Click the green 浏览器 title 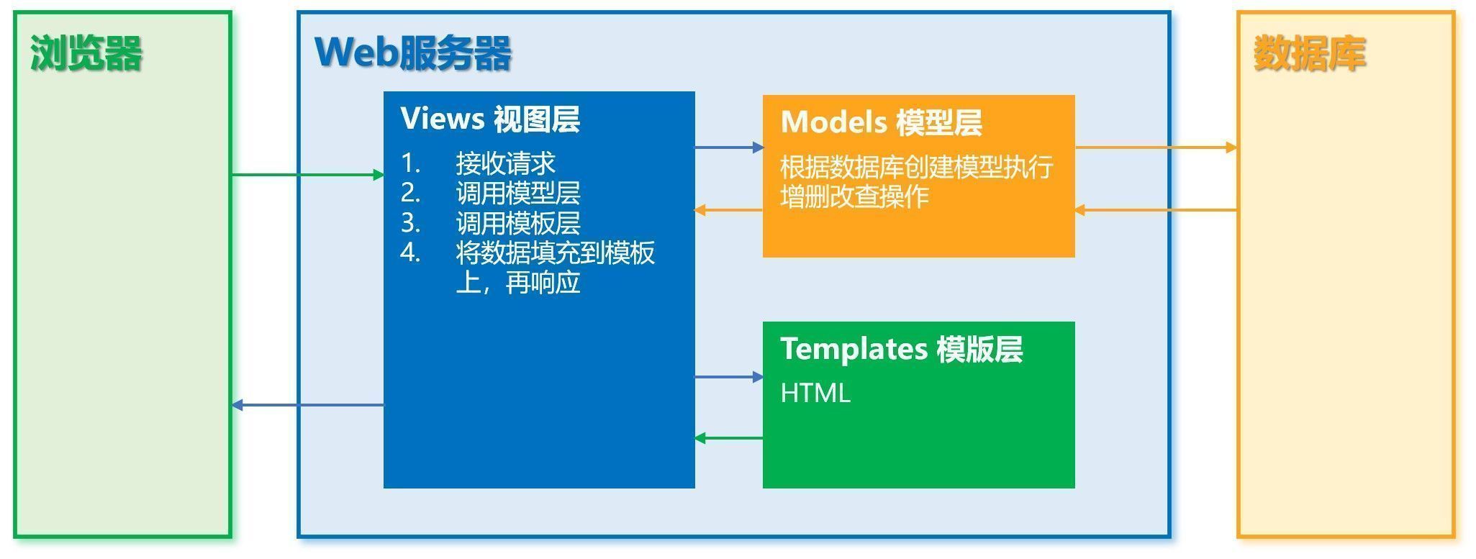pos(86,53)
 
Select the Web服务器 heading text pos(413,53)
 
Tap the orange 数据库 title pos(1309,53)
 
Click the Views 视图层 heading pos(490,119)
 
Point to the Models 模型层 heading pos(881,122)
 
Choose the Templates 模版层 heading pos(901,349)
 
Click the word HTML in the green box pos(815,393)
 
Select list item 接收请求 pos(505,163)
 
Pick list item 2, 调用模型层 pos(517,193)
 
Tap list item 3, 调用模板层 pos(517,223)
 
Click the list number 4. pos(410,253)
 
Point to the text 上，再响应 pos(517,283)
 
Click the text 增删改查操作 pos(854,196)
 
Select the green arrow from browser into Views pos(307,175)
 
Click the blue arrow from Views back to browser pos(307,406)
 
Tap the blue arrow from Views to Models pos(728,147)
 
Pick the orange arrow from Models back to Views pos(728,210)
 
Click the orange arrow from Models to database pos(1156,147)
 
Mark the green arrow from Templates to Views pos(728,438)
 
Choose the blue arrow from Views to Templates pos(728,377)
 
